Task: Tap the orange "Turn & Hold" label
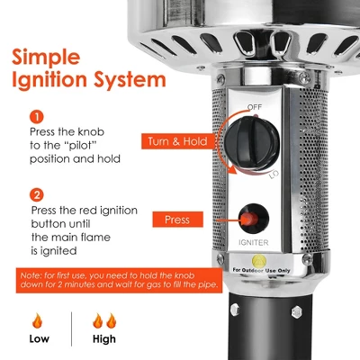pyautogui.click(x=178, y=141)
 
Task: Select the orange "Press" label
pyautogui.click(x=177, y=220)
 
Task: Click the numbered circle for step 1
pyautogui.click(x=37, y=117)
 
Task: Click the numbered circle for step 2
pyautogui.click(x=37, y=195)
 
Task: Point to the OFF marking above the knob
pyautogui.click(x=255, y=107)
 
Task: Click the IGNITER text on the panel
pyautogui.click(x=254, y=242)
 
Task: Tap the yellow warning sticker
pyautogui.click(x=259, y=261)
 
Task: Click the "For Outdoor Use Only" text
pyautogui.click(x=261, y=270)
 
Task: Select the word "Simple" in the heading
pyautogui.click(x=46, y=58)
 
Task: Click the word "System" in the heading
pyautogui.click(x=130, y=79)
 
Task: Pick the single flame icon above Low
pyautogui.click(x=38, y=320)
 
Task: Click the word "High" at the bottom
pyautogui.click(x=104, y=339)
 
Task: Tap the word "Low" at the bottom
pyautogui.click(x=40, y=338)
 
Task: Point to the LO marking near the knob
pyautogui.click(x=274, y=175)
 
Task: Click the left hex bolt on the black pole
pyautogui.click(x=234, y=309)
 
